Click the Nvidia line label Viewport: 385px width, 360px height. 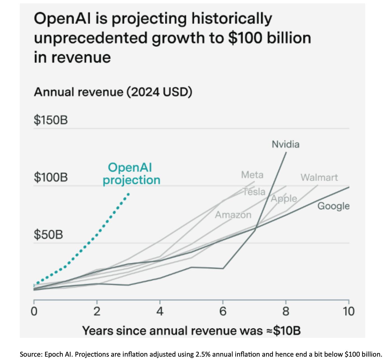pos(285,144)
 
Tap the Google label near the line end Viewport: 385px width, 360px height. pos(333,206)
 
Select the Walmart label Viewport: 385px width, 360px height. pos(319,177)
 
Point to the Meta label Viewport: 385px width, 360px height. pos(252,175)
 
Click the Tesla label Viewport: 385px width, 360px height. pos(254,192)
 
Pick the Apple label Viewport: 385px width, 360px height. pos(284,198)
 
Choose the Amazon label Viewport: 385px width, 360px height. pos(233,215)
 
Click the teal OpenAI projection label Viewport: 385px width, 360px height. pos(131,174)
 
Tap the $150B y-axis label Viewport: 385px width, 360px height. pos(51,120)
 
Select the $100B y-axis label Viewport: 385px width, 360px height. pos(51,177)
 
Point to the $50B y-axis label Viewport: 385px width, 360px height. pos(48,234)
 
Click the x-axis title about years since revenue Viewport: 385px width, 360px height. pos(191,331)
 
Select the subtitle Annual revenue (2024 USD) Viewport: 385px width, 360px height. pos(113,92)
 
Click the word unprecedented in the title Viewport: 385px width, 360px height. pos(90,38)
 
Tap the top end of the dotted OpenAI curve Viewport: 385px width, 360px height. pos(128,194)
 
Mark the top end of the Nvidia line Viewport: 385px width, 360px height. pos(286,152)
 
